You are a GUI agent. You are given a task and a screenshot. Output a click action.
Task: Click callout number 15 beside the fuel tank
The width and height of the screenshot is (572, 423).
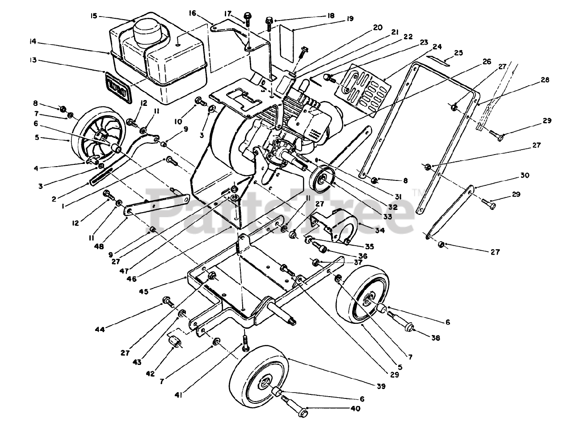point(93,16)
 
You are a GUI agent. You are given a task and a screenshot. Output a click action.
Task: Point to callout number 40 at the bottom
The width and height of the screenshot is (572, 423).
point(355,408)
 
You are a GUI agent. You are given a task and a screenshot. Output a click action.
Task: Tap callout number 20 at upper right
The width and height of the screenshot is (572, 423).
point(378,27)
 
